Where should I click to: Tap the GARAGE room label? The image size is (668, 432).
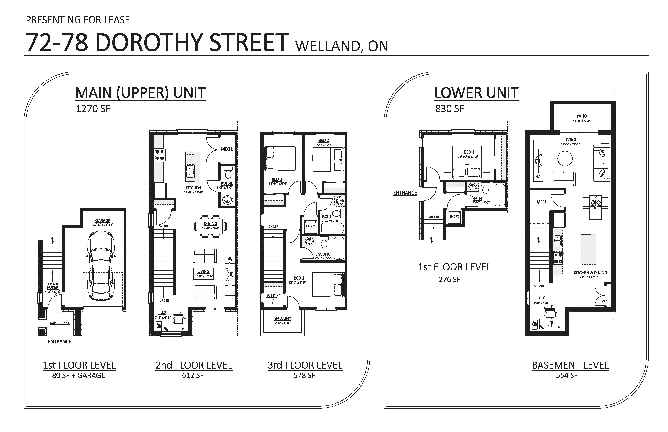click(x=103, y=221)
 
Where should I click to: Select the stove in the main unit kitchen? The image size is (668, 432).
click(x=160, y=155)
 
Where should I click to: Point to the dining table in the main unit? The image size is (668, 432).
click(x=210, y=226)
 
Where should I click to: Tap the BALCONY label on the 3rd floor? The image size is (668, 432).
click(x=283, y=318)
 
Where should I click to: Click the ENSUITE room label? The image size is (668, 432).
click(x=323, y=254)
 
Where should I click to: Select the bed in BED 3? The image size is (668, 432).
click(x=280, y=158)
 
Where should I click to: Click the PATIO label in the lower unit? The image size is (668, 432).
click(x=582, y=116)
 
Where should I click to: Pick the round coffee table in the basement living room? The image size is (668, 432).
click(x=565, y=158)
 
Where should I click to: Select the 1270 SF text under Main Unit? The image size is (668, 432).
click(x=93, y=109)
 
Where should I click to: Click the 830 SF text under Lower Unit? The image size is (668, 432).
click(x=449, y=109)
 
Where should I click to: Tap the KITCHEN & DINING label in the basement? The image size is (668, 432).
click(x=590, y=273)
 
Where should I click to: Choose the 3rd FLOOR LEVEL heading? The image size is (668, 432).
click(x=305, y=365)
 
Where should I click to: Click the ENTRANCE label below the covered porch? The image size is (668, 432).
click(x=60, y=342)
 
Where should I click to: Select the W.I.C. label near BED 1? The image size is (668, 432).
click(x=271, y=296)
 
